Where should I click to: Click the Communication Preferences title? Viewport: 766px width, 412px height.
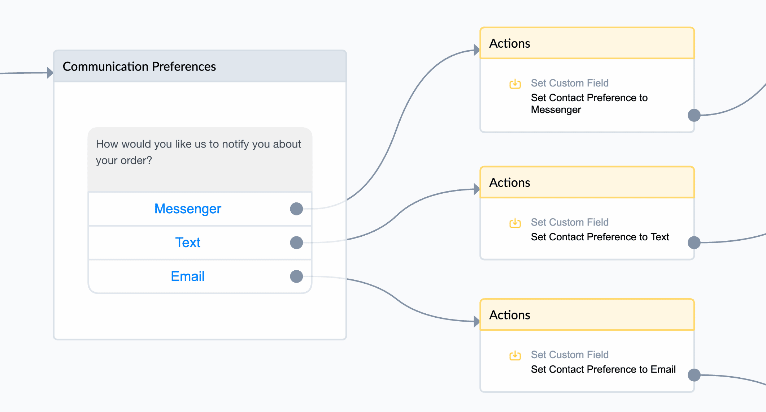pyautogui.click(x=139, y=66)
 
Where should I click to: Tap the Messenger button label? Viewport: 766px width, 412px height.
pyautogui.click(x=188, y=209)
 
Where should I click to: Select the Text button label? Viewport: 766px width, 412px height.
pyautogui.click(x=188, y=243)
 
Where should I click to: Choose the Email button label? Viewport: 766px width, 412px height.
pyautogui.click(x=188, y=276)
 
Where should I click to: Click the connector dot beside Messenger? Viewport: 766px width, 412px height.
pyautogui.click(x=296, y=209)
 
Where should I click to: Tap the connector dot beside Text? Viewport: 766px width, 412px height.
pyautogui.click(x=296, y=243)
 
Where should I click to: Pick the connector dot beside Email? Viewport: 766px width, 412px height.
pyautogui.click(x=296, y=276)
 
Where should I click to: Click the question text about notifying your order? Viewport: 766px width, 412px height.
pyautogui.click(x=198, y=152)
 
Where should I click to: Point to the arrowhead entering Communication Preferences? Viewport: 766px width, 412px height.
pyautogui.click(x=50, y=73)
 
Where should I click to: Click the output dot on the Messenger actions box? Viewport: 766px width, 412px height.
pyautogui.click(x=694, y=115)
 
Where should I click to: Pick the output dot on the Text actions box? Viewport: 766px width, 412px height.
pyautogui.click(x=694, y=243)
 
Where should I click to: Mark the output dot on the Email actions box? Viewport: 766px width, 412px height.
pyautogui.click(x=694, y=375)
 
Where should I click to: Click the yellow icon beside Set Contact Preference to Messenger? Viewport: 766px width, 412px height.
pyautogui.click(x=515, y=84)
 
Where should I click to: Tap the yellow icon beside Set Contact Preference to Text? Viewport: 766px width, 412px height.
pyautogui.click(x=515, y=223)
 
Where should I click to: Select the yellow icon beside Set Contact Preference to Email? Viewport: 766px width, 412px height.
pyautogui.click(x=515, y=356)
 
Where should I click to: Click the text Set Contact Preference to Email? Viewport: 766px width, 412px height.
pyautogui.click(x=603, y=369)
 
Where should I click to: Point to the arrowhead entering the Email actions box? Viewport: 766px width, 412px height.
pyautogui.click(x=477, y=321)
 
